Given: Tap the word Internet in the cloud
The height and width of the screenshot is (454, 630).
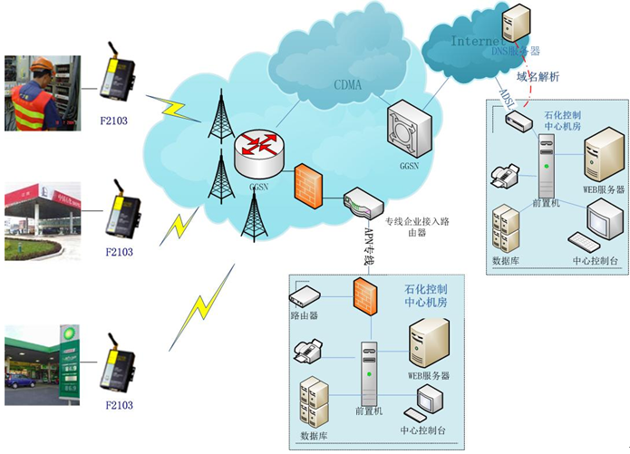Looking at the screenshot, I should pyautogui.click(x=477, y=41).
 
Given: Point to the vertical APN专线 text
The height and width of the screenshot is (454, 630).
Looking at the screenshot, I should pyautogui.click(x=369, y=246).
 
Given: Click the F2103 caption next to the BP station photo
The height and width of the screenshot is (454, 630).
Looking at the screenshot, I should pyautogui.click(x=119, y=405).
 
